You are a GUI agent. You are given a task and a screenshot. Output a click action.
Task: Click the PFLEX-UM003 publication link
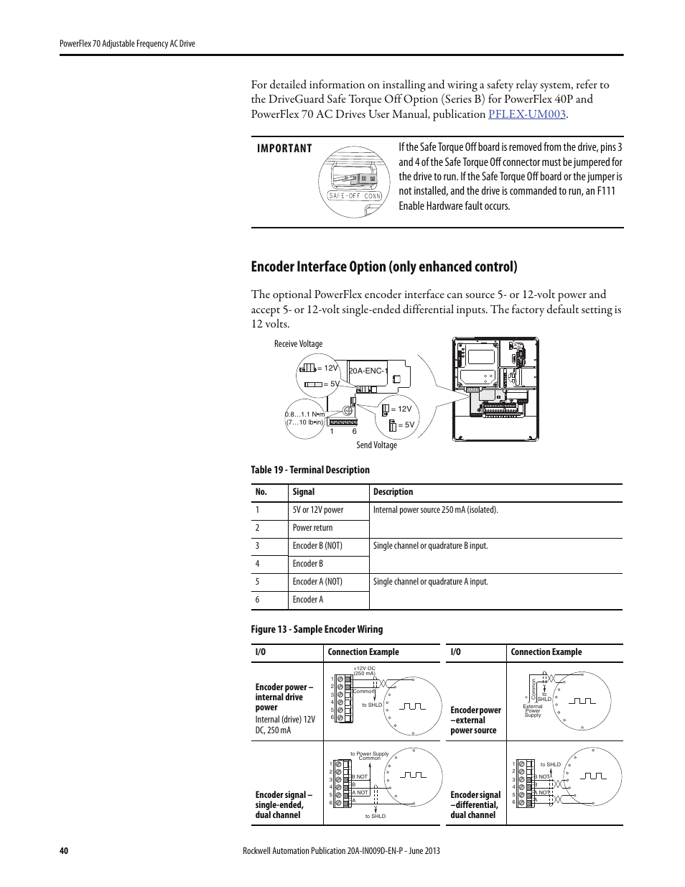527,114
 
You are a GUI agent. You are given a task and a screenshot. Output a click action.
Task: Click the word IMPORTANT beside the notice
284,149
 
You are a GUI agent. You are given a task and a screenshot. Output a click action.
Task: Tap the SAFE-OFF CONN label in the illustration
355,196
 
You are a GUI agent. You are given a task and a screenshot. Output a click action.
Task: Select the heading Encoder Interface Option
383,266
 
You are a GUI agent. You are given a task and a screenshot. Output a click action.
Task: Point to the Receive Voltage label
298,344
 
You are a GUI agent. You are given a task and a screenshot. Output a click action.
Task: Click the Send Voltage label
376,445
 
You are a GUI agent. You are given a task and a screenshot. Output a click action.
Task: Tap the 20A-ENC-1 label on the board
368,371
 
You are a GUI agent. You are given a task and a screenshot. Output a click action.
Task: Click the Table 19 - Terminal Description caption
309,470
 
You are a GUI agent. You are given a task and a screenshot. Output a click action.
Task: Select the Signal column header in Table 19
303,492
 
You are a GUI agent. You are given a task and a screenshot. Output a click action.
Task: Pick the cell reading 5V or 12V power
317,510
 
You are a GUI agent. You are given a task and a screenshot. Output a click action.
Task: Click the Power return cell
312,528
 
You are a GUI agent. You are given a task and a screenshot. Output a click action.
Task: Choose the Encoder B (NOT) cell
317,546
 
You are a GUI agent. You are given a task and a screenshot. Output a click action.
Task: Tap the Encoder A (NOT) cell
317,582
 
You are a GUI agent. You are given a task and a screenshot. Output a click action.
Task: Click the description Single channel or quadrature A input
430,582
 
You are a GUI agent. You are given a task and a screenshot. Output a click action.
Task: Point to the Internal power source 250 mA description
435,510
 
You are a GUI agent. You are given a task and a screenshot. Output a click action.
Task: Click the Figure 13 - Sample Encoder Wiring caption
316,629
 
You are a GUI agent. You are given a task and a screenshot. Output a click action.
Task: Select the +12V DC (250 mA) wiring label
364,671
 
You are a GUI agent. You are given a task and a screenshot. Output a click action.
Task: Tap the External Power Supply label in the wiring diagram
533,710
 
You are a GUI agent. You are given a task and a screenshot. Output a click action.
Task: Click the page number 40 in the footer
63,851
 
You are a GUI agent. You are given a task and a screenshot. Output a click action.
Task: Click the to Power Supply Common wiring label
369,756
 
